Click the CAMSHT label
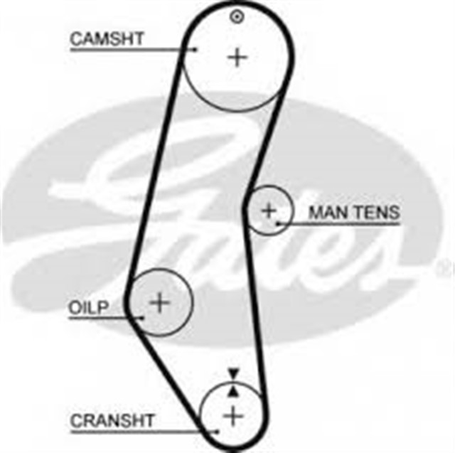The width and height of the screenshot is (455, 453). tap(107, 38)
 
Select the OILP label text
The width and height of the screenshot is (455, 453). tap(89, 308)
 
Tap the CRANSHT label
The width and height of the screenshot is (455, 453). tap(112, 420)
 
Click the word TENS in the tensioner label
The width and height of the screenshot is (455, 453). tap(377, 213)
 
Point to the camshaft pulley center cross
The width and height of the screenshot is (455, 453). tap(237, 57)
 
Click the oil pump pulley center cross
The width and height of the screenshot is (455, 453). tap(159, 303)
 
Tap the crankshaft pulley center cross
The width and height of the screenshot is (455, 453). tap(233, 417)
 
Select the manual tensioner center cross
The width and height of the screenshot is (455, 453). tap(269, 210)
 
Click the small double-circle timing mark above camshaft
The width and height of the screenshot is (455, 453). tap(237, 16)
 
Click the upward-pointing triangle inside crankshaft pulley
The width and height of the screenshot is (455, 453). tap(233, 391)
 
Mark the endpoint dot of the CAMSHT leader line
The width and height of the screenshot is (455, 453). tap(196, 50)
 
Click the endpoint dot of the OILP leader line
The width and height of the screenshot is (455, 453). tap(142, 318)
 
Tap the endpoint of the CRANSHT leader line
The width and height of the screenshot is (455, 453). tap(216, 432)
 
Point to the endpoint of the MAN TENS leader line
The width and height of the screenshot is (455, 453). tap(277, 223)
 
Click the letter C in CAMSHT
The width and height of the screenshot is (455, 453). tap(76, 38)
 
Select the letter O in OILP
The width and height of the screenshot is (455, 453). tap(75, 308)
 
